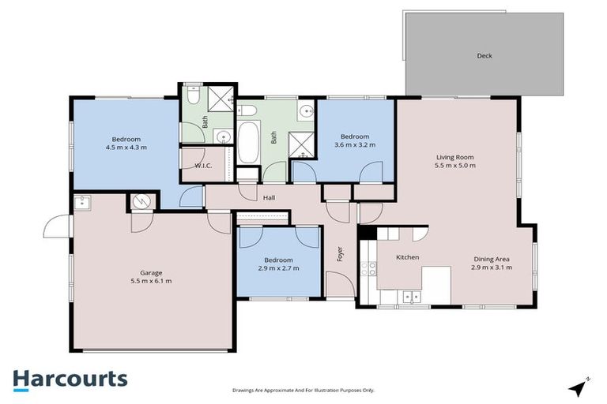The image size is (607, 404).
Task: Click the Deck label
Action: pos(484,56)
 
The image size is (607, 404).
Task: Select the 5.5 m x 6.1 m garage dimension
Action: pos(151,280)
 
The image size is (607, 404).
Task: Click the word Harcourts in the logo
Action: pos(70,379)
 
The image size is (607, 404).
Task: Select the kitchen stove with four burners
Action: pos(368,268)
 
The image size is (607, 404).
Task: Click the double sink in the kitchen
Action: pos(410,297)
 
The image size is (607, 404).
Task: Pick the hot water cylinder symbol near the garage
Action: pos(140,202)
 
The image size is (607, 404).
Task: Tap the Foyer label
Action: pos(341,254)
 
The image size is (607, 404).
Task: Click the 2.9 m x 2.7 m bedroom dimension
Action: pos(278,269)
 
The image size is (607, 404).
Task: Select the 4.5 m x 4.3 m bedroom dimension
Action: pos(126,148)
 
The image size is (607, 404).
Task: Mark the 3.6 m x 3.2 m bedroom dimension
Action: pos(355,145)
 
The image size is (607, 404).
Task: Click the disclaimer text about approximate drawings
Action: pos(303,390)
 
